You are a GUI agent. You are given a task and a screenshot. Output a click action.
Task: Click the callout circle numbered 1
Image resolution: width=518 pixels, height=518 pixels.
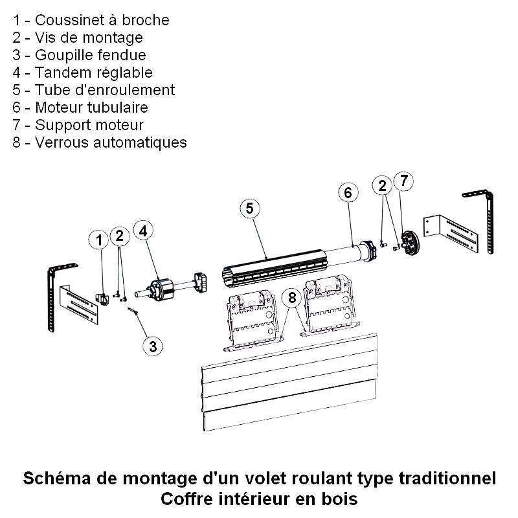[x=99, y=240]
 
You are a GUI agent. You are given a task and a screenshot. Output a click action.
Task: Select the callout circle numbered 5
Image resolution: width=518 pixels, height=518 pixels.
[x=250, y=208]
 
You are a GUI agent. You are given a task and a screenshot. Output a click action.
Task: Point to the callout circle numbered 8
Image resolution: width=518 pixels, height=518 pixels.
[x=292, y=298]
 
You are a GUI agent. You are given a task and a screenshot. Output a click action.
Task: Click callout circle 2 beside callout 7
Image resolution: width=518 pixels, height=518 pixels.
[x=383, y=186]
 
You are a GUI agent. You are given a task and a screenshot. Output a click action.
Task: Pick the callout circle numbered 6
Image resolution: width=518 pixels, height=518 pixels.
[x=348, y=192]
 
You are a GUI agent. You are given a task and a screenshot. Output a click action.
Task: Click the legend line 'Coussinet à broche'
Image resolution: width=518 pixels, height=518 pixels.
[x=91, y=20]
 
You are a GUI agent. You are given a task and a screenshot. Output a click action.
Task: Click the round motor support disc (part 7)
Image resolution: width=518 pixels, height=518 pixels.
[x=409, y=243]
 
